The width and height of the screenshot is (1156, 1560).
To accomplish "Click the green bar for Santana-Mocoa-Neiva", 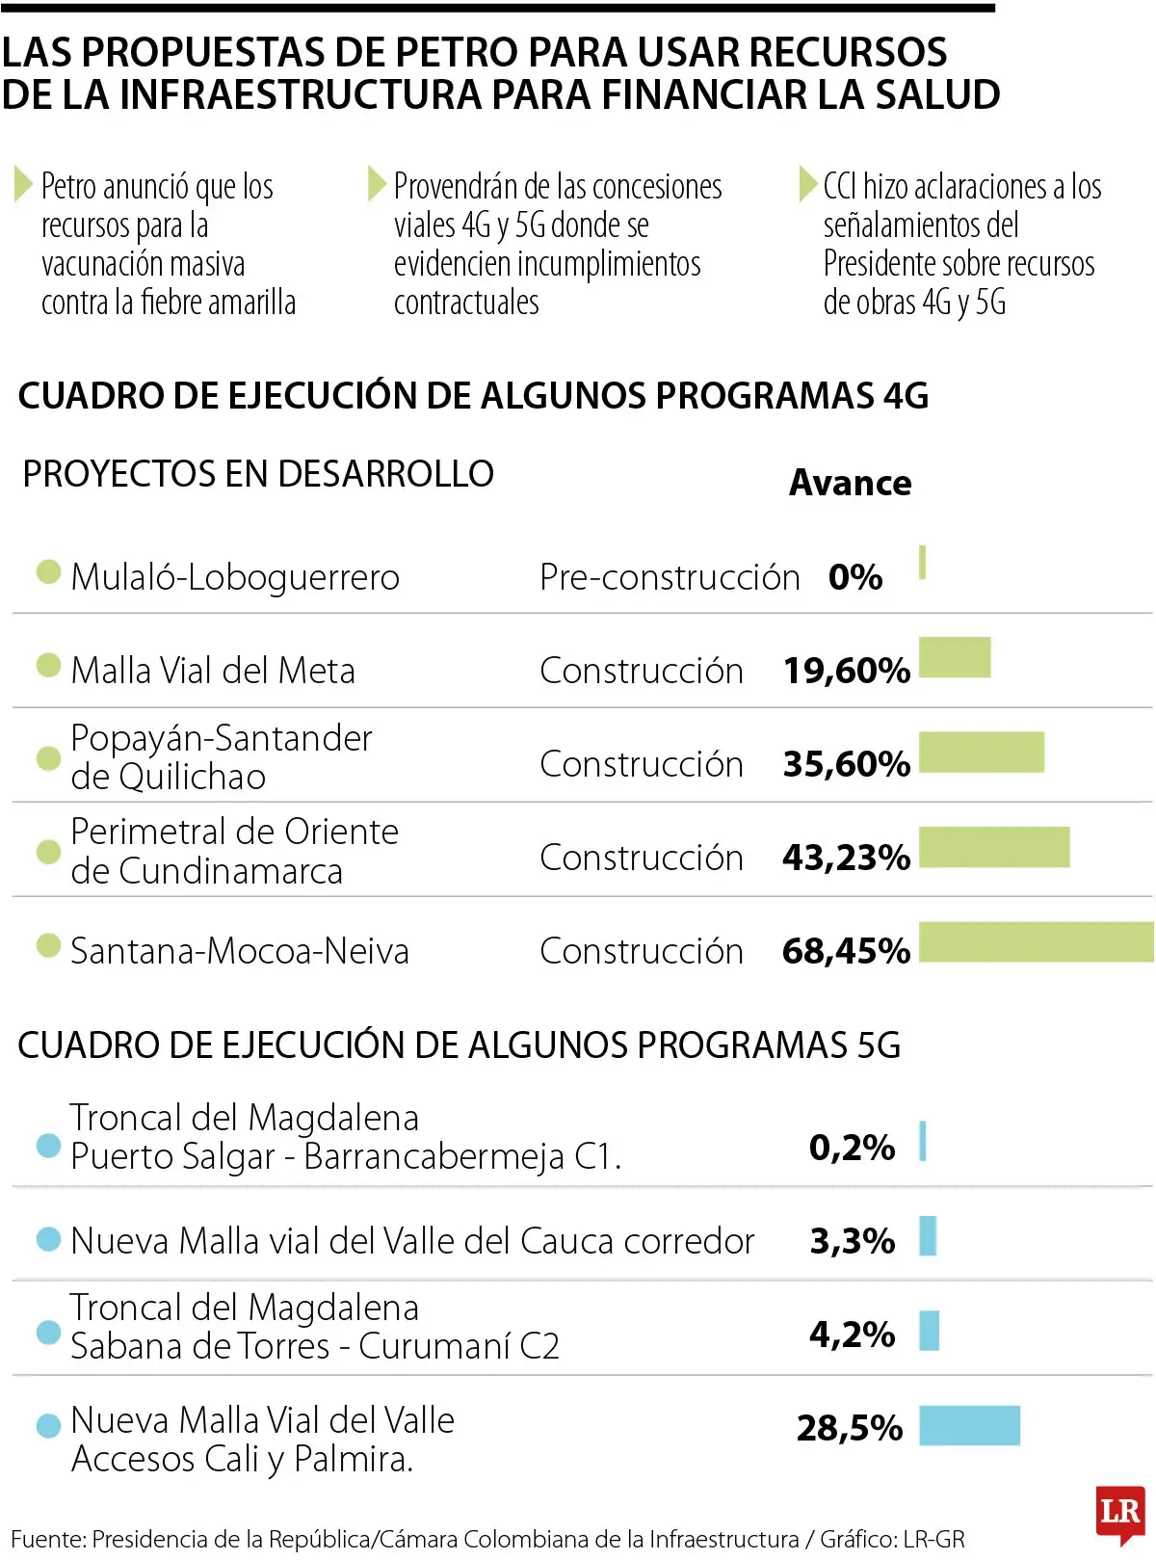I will tap(1036, 941).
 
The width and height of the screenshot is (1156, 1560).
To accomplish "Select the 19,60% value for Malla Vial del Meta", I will tap(846, 671).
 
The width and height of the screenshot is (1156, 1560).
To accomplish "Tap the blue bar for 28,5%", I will tap(969, 1426).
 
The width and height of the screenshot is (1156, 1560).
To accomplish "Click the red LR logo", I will tap(1119, 1513).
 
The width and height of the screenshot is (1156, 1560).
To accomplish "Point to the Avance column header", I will tap(850, 483).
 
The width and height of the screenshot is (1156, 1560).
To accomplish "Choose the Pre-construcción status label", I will tap(670, 577).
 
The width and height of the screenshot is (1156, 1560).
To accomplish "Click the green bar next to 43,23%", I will tap(994, 847).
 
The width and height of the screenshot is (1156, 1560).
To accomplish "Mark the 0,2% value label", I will tap(852, 1148).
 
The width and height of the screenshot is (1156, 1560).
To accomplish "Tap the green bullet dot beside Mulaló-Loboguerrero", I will tap(48, 572).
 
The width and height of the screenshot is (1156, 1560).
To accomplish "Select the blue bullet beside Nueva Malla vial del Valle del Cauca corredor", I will tap(48, 1239).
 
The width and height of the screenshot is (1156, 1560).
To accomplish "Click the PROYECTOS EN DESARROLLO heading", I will tap(258, 474).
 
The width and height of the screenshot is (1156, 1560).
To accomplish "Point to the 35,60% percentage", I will tap(846, 764).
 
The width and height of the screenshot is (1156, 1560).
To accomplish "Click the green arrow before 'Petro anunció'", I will tap(23, 183).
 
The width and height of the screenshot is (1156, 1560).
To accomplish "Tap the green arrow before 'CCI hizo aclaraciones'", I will tap(807, 183).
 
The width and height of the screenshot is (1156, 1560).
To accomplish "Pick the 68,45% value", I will tap(846, 951).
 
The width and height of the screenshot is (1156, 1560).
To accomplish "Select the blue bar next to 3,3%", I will tap(928, 1236).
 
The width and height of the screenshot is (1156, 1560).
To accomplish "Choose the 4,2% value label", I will tap(852, 1335).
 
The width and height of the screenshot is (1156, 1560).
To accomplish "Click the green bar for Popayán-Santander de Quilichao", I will tap(982, 753).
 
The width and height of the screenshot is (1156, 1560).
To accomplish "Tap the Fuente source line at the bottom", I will tap(487, 1540).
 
